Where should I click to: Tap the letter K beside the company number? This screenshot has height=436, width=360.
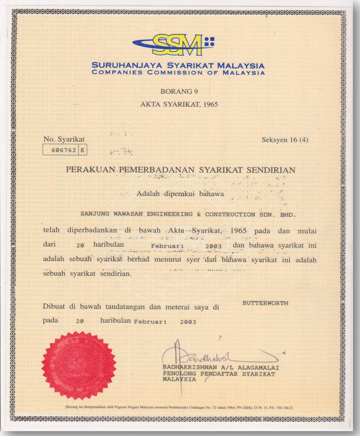(82, 150)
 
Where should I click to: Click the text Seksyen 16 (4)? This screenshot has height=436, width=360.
(285, 140)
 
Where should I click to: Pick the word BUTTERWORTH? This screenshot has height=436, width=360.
(265, 303)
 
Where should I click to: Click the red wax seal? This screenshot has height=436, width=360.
(79, 365)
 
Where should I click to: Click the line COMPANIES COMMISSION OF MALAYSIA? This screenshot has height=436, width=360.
(178, 72)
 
